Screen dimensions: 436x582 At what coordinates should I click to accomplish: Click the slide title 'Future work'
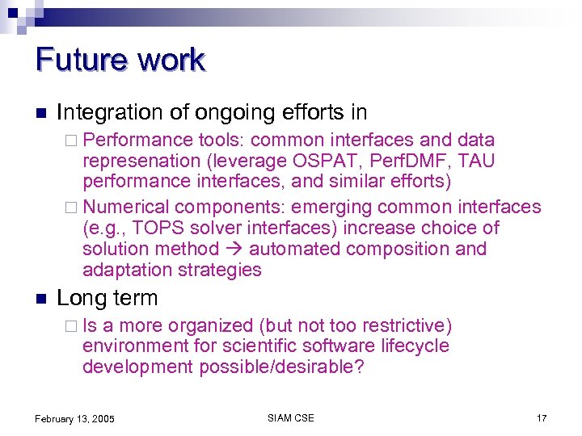pos(120,61)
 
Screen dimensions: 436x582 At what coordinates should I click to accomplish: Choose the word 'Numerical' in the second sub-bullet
pos(126,208)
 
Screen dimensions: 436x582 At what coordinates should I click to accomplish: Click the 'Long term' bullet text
pos(108,298)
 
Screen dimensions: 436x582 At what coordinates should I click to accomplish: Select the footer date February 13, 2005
pos(74,418)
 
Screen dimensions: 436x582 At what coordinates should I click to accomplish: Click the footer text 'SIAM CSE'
pos(290,417)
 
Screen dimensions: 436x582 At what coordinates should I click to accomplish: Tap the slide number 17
pos(541,418)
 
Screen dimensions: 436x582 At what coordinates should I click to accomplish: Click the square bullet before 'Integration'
pos(40,112)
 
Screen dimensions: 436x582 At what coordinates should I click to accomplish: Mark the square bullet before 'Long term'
pos(40,299)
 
